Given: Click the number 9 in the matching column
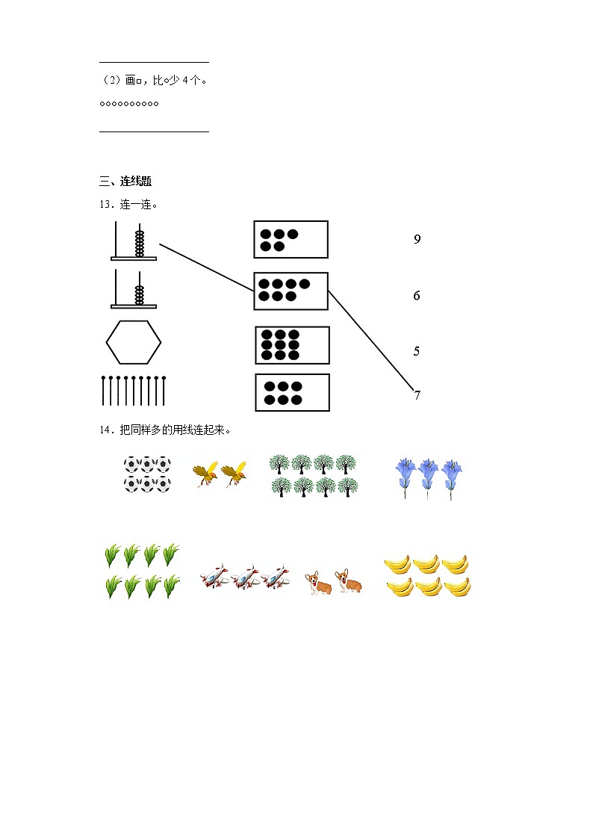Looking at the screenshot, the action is tap(417, 239).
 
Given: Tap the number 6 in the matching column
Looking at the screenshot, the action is tap(417, 295).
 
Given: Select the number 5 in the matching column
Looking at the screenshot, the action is tap(417, 351).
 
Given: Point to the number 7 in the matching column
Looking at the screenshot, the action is tap(417, 395).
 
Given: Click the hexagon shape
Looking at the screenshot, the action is tap(134, 342).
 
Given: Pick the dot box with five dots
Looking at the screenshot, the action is tap(291, 240).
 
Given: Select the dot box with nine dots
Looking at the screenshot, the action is tap(293, 345).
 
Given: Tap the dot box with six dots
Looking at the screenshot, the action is tap(293, 393).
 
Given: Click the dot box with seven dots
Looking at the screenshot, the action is tap(291, 291).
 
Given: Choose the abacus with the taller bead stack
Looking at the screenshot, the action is tap(134, 241).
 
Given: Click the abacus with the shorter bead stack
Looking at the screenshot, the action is tap(134, 289).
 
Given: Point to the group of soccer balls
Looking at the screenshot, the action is tap(147, 474).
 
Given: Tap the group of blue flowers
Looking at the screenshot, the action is tap(428, 478).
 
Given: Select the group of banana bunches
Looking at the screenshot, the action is tap(428, 576).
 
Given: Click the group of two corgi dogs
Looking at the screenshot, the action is tap(333, 581).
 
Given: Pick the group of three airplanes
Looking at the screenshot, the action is tap(246, 576).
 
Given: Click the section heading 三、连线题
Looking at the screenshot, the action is tap(125, 182).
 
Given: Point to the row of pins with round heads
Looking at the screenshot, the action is tap(134, 391).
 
